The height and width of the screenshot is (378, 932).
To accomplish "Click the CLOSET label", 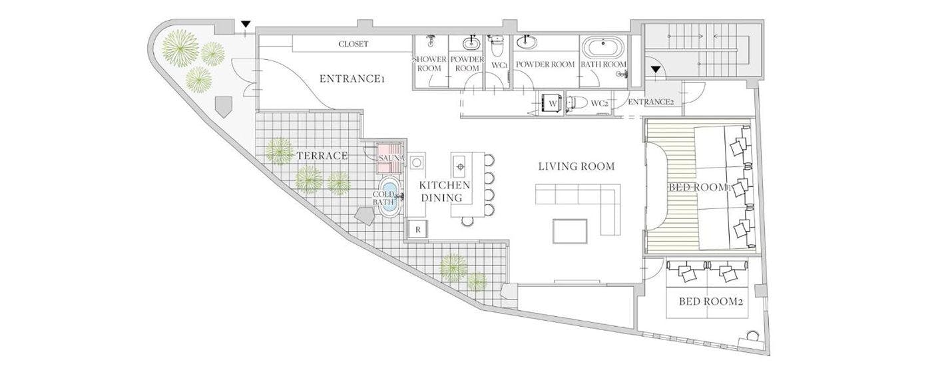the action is click(353, 44).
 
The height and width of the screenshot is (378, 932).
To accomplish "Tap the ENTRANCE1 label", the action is click(351, 79).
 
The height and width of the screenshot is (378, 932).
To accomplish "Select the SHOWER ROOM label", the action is click(429, 64).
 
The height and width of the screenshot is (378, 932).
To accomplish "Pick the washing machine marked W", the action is click(553, 102).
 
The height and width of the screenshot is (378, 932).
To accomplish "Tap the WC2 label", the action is click(600, 103).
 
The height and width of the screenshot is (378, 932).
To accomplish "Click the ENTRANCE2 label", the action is click(651, 102).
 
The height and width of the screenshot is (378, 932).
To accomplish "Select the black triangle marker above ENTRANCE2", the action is click(656, 69).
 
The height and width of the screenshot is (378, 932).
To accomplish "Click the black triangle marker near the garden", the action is click(246, 24).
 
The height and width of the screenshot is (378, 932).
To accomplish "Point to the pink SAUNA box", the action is click(390, 158).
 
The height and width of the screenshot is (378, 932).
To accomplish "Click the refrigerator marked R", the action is click(418, 230).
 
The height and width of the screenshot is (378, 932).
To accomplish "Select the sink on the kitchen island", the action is click(460, 167).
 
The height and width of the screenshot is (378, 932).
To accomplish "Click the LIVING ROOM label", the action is click(577, 167).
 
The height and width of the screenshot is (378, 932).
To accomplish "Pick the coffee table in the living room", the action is click(570, 231).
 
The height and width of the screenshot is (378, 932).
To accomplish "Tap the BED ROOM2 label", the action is click(711, 301).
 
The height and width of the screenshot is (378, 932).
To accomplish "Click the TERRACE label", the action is click(322, 156).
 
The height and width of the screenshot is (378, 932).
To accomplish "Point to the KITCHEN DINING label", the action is click(445, 192).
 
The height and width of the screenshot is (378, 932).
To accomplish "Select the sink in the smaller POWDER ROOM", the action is click(471, 43).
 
